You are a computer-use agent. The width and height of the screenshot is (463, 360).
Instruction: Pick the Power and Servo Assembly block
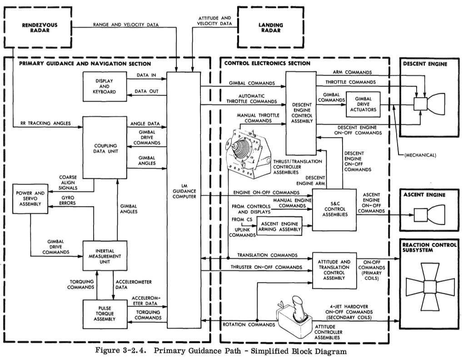(x=30, y=201)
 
